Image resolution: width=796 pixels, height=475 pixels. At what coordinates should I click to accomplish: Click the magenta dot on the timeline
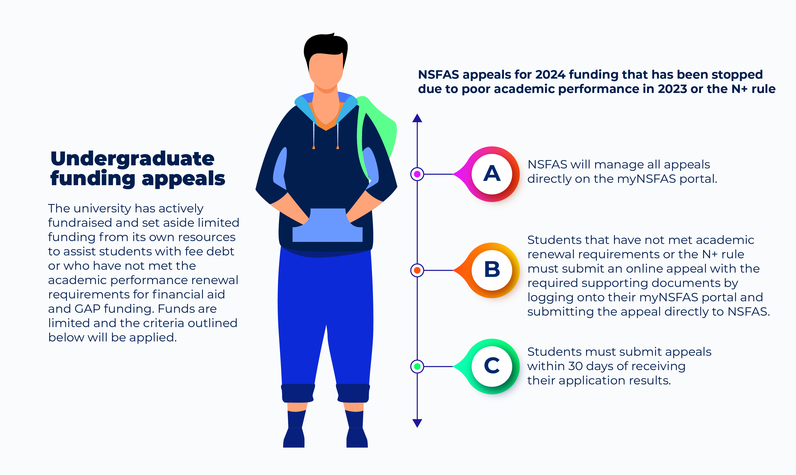click(417, 174)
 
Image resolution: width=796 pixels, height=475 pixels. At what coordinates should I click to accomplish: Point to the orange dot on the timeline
click(417, 270)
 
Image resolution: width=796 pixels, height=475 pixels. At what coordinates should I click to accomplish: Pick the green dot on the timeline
click(417, 367)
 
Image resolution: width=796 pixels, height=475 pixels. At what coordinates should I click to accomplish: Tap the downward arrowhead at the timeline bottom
click(417, 423)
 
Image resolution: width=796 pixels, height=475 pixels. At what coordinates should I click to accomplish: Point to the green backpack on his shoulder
click(377, 131)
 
